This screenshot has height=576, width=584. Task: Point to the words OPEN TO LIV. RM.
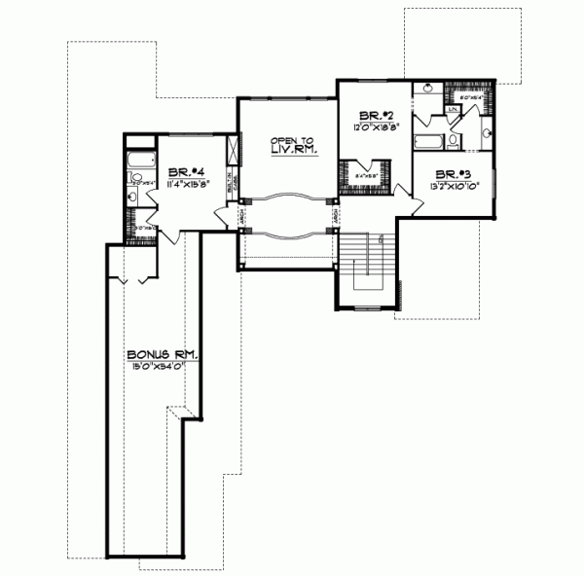(289, 149)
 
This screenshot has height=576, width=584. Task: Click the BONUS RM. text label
(163, 354)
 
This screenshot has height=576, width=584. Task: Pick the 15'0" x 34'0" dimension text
(162, 366)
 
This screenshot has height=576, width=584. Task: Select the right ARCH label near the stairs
(334, 216)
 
